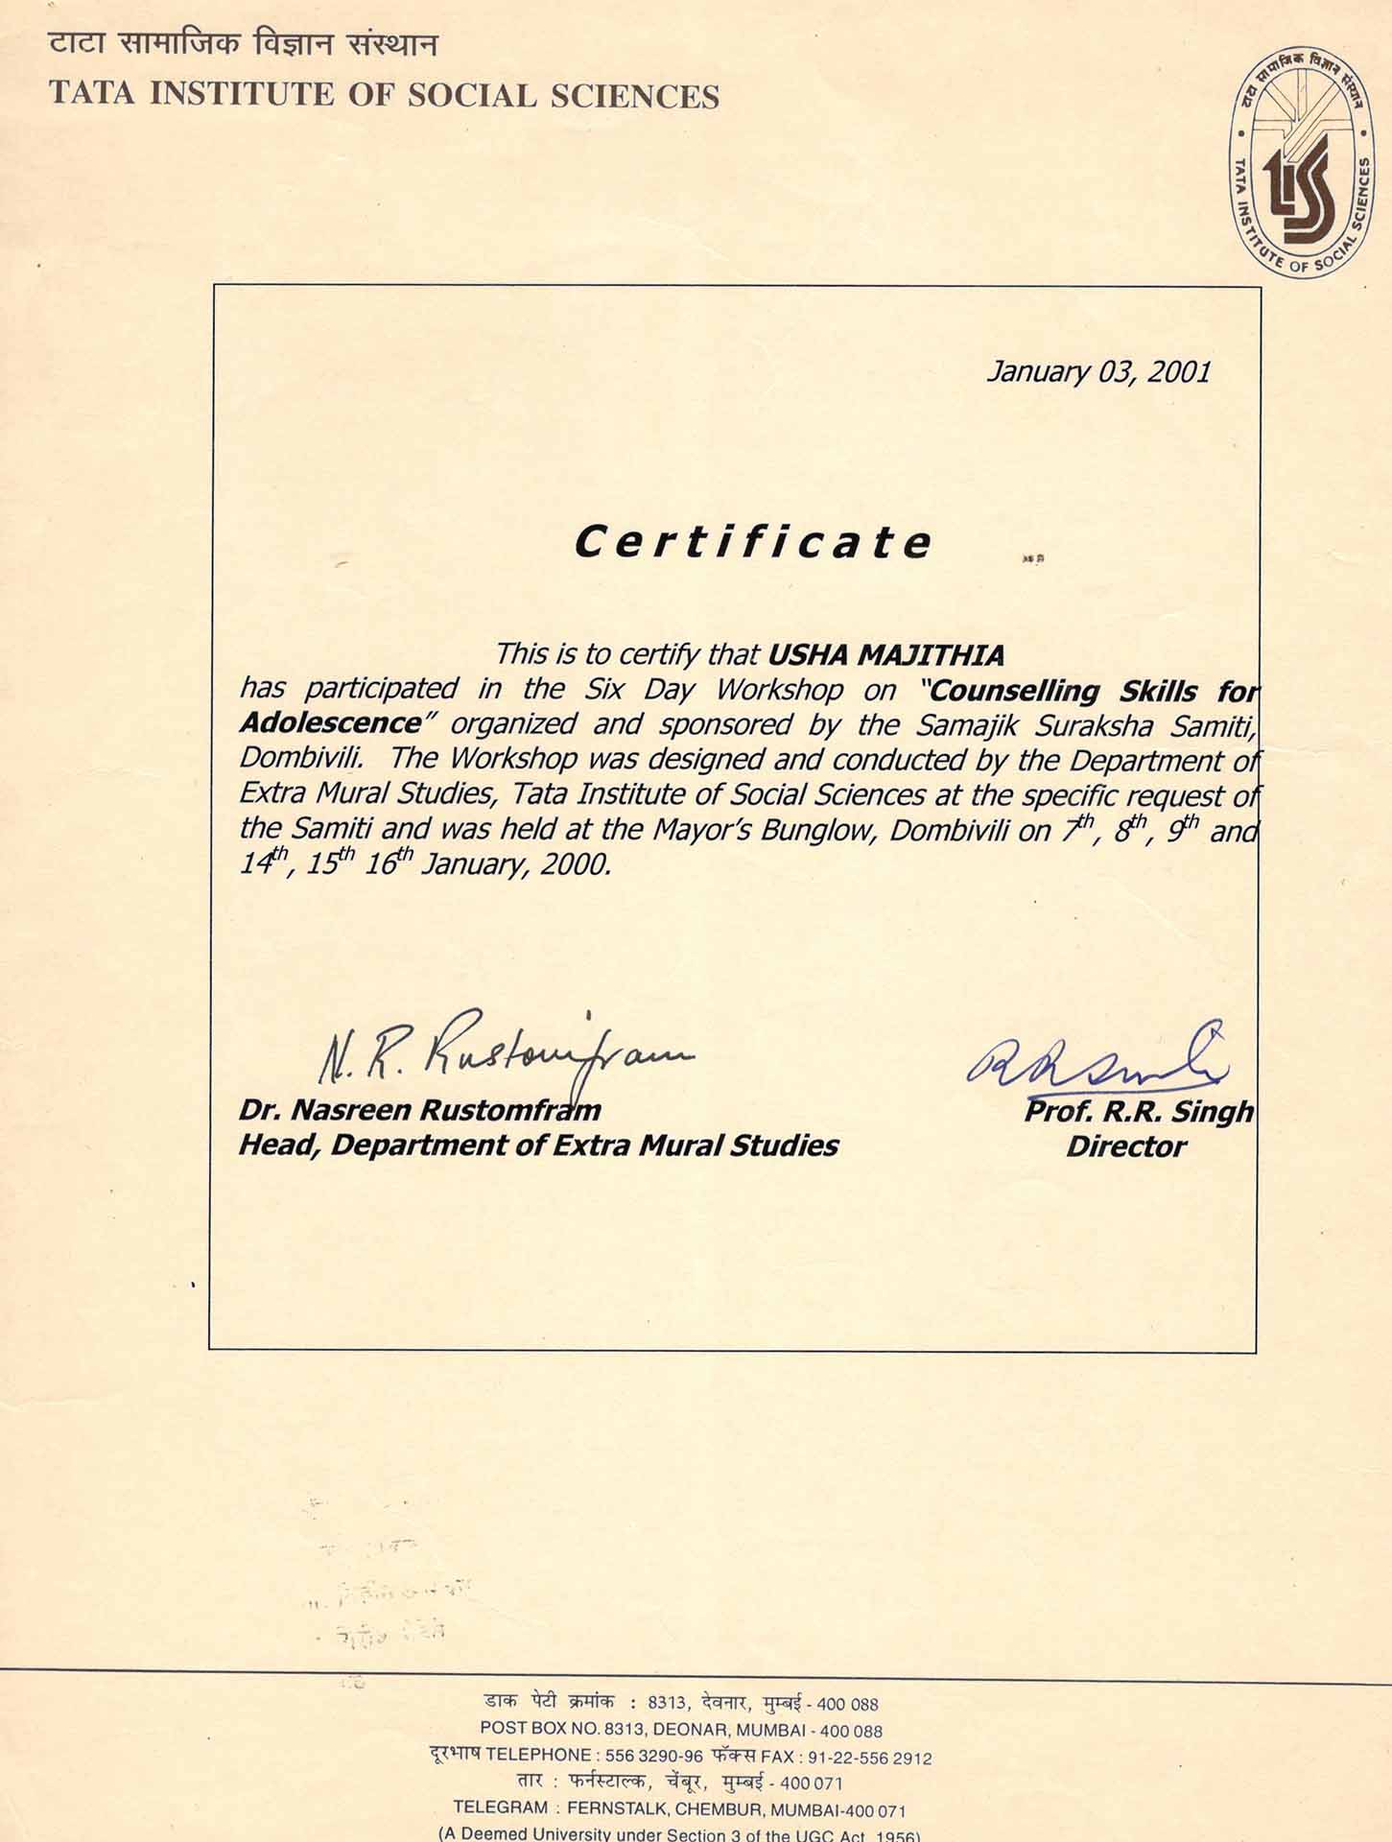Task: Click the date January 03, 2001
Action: (x=1098, y=371)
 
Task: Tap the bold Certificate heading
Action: (x=752, y=542)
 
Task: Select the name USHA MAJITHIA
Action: (x=886, y=655)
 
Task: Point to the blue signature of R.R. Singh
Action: (x=1094, y=1061)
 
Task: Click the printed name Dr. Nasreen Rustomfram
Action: (x=419, y=1110)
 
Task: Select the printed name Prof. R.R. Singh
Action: (x=1139, y=1111)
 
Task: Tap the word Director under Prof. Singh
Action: (x=1125, y=1146)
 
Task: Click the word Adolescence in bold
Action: (x=330, y=722)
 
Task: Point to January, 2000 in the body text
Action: (x=515, y=864)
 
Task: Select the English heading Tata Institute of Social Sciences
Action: (x=384, y=96)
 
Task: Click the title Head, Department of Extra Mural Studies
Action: (x=538, y=1145)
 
